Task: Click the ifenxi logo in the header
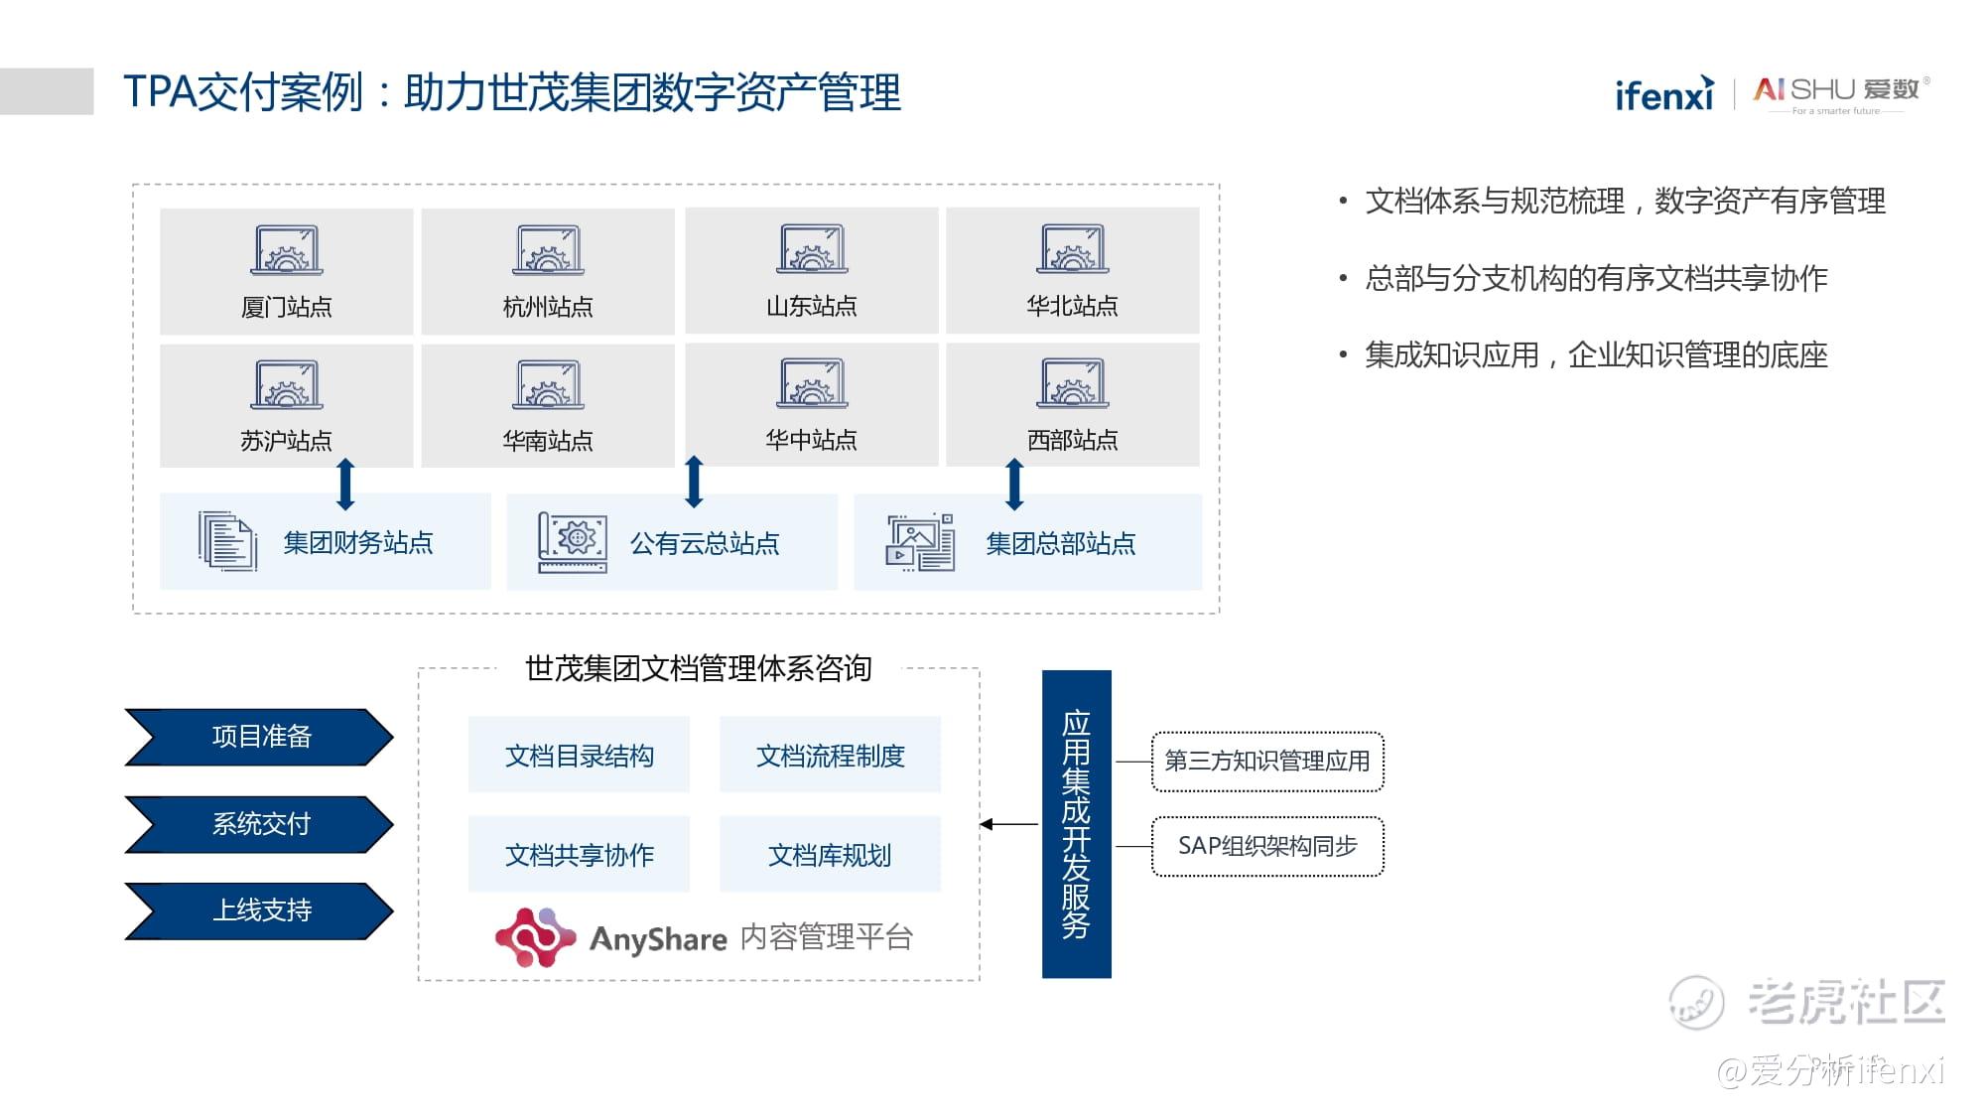pos(1664,94)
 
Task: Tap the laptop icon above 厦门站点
pos(286,251)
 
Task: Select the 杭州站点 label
pos(548,307)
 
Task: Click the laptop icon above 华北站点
pos(1073,249)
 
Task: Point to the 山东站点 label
pos(811,306)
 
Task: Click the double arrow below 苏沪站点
pos(345,484)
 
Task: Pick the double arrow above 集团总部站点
pos(1013,484)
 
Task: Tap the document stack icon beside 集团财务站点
pos(227,541)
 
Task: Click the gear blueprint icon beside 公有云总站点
pos(573,542)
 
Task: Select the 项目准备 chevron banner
pos(260,737)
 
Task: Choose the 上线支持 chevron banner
pos(260,910)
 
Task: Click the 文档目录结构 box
pos(579,756)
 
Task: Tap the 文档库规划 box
pos(830,855)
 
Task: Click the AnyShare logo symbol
pos(535,937)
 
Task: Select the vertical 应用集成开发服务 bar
pos(1076,824)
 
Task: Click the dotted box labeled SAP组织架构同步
pos(1267,846)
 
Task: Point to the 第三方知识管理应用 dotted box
pos(1267,762)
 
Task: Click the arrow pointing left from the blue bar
pos(1008,824)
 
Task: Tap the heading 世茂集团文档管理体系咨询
pos(698,668)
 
